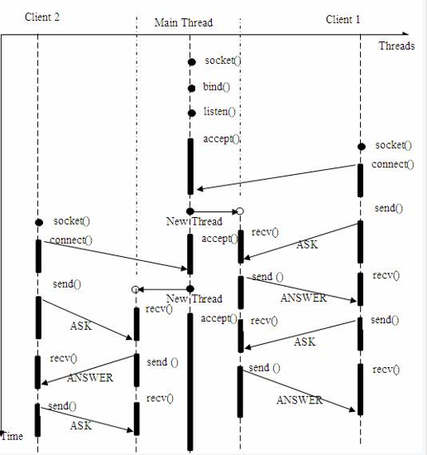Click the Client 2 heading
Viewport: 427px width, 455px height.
tap(42, 17)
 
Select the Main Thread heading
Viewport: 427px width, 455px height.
tap(184, 22)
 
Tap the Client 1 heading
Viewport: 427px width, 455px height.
tap(343, 19)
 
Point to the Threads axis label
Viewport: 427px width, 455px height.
tap(396, 46)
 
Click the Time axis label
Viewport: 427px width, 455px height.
tap(12, 436)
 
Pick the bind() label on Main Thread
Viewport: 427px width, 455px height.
tap(217, 86)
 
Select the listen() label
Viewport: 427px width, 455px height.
tap(219, 111)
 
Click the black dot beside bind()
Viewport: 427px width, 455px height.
tap(191, 88)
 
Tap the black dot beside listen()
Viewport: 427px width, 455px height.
tap(192, 113)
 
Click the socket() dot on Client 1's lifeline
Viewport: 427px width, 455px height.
tap(362, 147)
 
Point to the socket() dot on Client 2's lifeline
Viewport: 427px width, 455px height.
tap(39, 223)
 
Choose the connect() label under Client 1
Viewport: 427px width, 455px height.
tap(393, 164)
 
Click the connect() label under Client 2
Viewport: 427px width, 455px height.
tap(71, 240)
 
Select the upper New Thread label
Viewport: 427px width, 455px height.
tap(194, 221)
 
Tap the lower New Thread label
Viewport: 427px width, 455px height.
tap(194, 298)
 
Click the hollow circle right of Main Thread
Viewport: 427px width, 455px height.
tap(240, 211)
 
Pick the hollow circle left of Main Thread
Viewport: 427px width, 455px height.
tap(135, 289)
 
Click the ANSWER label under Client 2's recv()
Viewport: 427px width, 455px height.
tap(90, 378)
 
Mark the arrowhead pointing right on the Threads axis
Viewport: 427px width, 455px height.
tap(405, 34)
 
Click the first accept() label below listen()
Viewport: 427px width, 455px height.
tap(222, 139)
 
